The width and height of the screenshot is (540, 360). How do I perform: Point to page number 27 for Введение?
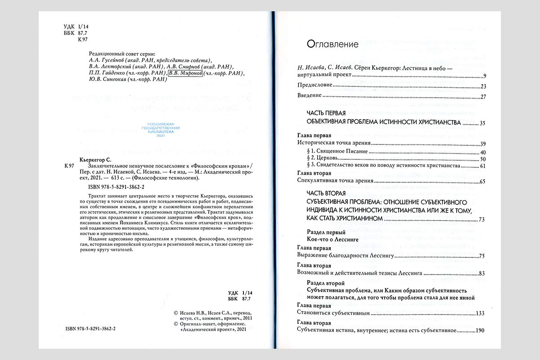click(x=484, y=96)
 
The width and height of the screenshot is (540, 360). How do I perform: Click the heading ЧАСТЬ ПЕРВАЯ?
click(x=326, y=113)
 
